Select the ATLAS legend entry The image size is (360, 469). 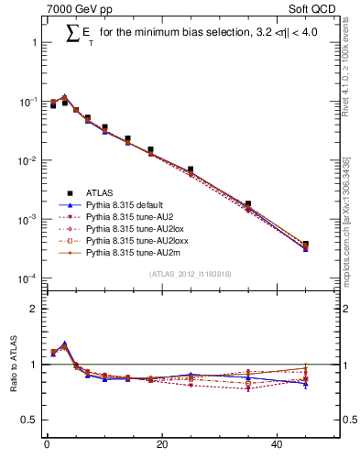tap(101, 193)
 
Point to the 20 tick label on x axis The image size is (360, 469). tap(162, 445)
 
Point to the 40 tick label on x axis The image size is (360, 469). tap(278, 445)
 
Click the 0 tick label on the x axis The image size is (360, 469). tap(47, 445)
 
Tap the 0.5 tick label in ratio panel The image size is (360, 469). tap(28, 420)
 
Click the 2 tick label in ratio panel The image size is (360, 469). tap(33, 309)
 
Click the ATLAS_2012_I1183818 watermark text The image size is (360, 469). tap(190, 274)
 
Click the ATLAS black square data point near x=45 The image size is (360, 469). tap(305, 245)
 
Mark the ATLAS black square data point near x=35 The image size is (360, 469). tap(248, 203)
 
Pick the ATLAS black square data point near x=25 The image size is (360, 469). tap(191, 169)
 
